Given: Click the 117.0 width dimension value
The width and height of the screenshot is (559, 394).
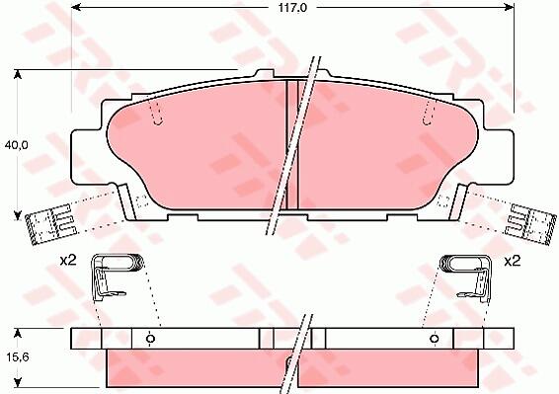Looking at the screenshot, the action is coord(292,8).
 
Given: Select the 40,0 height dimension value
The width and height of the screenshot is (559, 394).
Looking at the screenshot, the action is coord(16,145).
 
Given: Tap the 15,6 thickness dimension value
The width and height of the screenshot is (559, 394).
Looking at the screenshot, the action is coord(17,356).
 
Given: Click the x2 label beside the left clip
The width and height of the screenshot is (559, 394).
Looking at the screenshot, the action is coord(68,261).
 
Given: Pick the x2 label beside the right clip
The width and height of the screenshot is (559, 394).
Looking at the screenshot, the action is coord(512,262).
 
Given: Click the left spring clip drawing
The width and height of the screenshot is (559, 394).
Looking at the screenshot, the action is coord(116,276).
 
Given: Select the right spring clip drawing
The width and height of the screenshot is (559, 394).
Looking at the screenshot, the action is coord(467,277).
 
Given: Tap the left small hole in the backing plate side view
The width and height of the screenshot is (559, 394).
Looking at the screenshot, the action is coord(150,339).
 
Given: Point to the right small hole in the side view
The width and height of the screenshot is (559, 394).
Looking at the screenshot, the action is coord(434,339).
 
